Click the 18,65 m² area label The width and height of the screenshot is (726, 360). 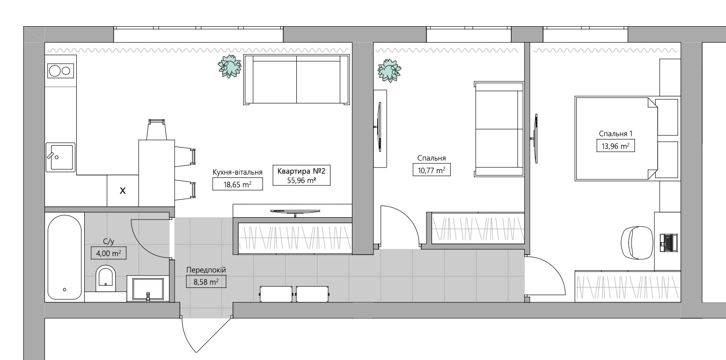[x=238, y=184]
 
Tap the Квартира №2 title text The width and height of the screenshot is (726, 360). [x=301, y=171]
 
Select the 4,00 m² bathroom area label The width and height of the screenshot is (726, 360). [x=108, y=253]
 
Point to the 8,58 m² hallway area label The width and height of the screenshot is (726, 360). [x=206, y=282]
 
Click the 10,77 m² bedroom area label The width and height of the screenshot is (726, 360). [x=432, y=170]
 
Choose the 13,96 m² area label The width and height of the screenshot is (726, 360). [x=616, y=146]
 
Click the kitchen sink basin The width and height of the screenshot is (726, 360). [x=60, y=157]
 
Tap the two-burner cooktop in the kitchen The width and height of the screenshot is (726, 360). [x=60, y=71]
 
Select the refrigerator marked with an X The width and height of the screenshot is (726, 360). [x=123, y=191]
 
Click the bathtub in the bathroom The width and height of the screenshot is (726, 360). [x=65, y=257]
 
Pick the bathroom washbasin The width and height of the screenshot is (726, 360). [x=148, y=288]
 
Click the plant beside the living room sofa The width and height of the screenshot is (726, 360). [x=229, y=66]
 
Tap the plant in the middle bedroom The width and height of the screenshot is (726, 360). [x=389, y=71]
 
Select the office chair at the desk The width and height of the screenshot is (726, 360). [x=637, y=242]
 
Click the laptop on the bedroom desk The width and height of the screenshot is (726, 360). [x=668, y=242]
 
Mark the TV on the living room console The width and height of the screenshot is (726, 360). [x=295, y=213]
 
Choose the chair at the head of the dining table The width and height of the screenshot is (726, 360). [x=156, y=129]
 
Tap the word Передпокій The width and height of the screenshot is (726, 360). [x=206, y=270]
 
